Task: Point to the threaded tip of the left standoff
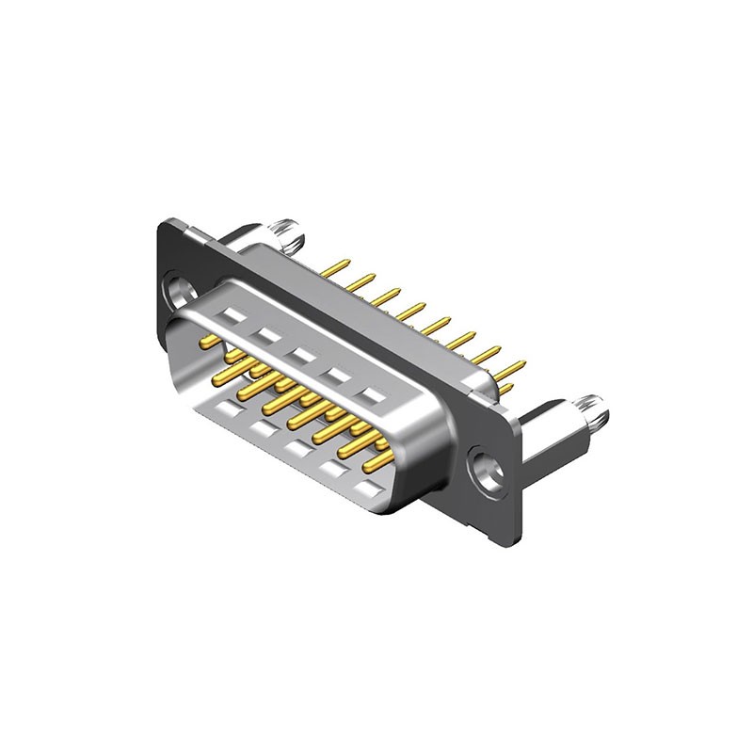pyautogui.click(x=284, y=229)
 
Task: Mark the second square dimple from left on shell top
pyautogui.click(x=265, y=335)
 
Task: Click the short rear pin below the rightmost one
pyautogui.click(x=505, y=387)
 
